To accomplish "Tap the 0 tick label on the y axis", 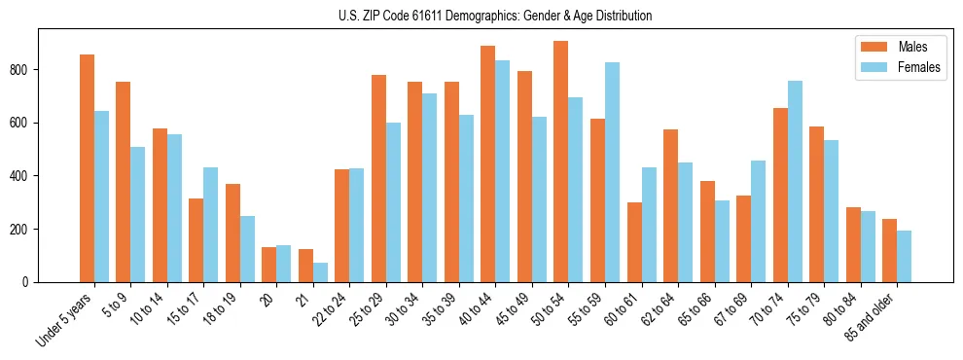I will pyautogui.click(x=29, y=282).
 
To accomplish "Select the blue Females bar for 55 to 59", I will pyautogui.click(x=612, y=172).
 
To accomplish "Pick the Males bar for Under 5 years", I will pyautogui.click(x=87, y=168).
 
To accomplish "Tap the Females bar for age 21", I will pyautogui.click(x=320, y=272).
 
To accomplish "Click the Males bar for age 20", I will pyautogui.click(x=268, y=265).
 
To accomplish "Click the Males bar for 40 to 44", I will pyautogui.click(x=488, y=163).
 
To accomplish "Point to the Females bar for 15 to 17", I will pyautogui.click(x=211, y=225).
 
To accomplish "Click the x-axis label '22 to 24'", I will pyautogui.click(x=328, y=309).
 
